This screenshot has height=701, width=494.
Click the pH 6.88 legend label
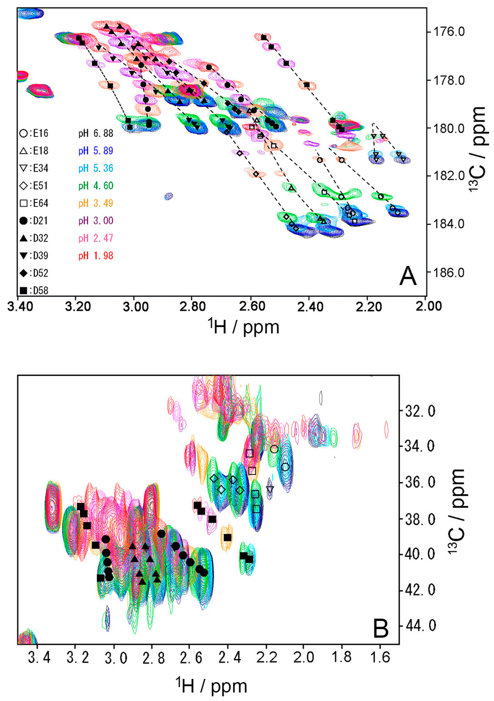96,133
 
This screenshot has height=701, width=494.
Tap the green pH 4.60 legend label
96,186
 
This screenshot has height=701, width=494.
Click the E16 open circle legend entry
34,133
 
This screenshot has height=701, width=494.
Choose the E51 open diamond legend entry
34,186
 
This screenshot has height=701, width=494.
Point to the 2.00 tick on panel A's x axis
429,306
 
